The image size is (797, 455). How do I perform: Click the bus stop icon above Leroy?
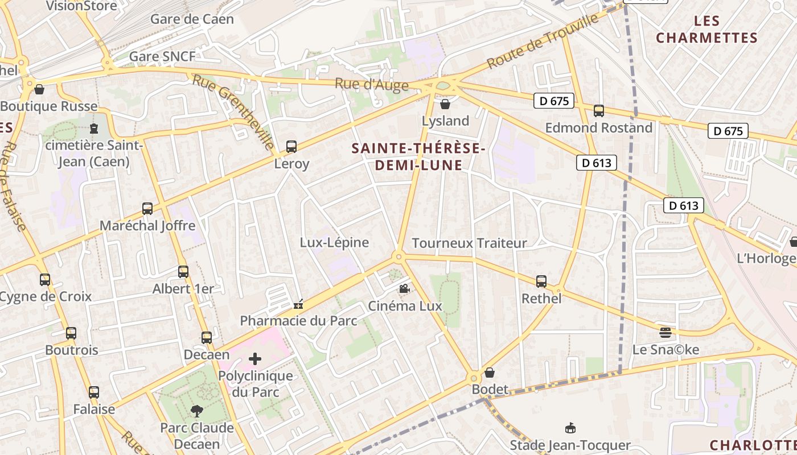291,147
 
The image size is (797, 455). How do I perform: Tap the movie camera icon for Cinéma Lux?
404,289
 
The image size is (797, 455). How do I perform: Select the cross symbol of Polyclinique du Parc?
255,359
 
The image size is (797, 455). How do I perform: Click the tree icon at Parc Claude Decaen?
197,410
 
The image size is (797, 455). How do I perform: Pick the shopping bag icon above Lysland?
445,104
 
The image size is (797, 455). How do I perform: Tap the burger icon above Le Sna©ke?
665,332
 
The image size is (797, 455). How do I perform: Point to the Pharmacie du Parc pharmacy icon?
298,305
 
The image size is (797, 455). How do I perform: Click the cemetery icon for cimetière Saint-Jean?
94,129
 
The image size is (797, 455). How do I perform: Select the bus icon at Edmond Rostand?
598,111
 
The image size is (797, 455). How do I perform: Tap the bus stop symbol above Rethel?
541,281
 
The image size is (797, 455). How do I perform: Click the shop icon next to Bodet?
490,373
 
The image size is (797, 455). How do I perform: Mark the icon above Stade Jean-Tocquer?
570,428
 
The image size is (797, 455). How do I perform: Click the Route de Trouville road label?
544,40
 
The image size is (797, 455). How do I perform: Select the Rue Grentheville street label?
233,111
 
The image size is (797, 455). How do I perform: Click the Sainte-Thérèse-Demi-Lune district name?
418,156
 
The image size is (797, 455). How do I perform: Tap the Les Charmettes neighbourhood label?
706,30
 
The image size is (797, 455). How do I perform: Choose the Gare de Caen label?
192,19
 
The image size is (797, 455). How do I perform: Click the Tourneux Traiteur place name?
469,243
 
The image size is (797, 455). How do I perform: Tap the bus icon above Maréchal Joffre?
147,209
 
